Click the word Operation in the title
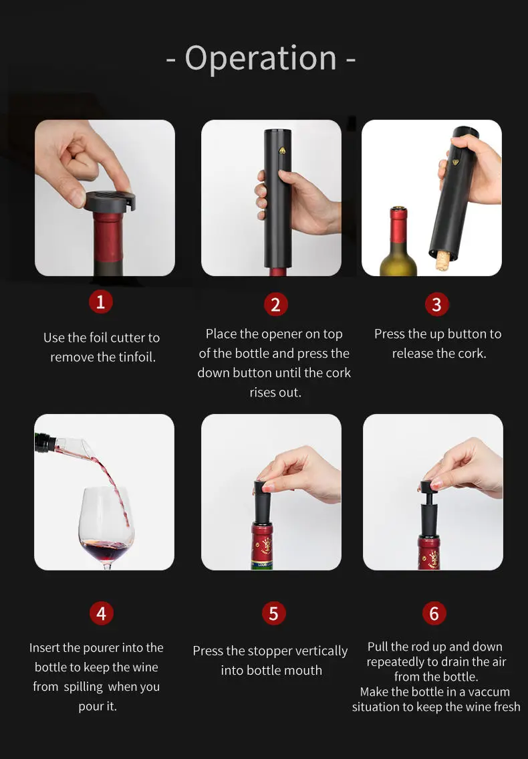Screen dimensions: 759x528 coord(261,58)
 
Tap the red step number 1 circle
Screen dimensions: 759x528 coord(100,302)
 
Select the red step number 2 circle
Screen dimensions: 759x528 coord(275,304)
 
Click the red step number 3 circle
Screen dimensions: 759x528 coord(436,304)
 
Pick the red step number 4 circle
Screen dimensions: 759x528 coord(101,613)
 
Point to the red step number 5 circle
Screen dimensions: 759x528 coord(273,613)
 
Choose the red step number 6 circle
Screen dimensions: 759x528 coord(434,613)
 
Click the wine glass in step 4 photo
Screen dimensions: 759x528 coord(106,528)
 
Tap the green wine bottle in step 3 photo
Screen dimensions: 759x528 coord(398,247)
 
